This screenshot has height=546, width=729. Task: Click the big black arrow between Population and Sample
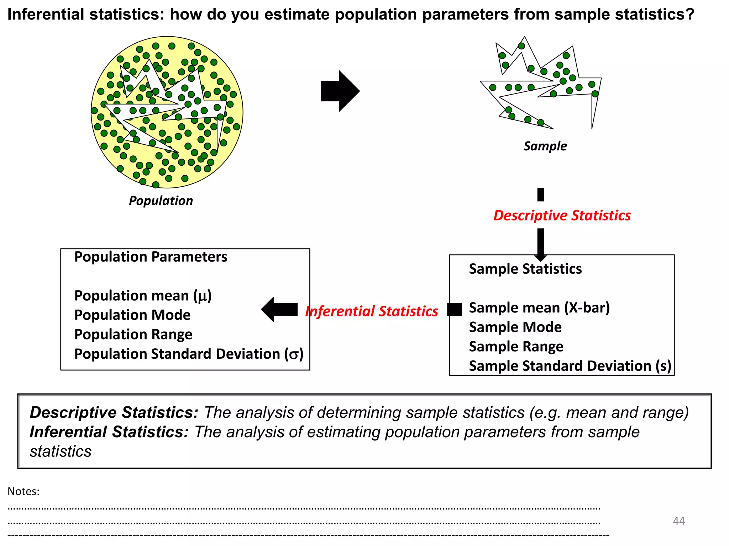click(x=340, y=91)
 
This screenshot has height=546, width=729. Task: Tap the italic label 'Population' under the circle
click(x=161, y=201)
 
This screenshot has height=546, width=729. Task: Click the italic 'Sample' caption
click(x=545, y=146)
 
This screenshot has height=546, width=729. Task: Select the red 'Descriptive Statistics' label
click(x=562, y=216)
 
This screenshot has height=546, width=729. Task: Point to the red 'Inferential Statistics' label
click(x=372, y=311)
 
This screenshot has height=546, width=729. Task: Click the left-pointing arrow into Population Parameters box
click(x=280, y=309)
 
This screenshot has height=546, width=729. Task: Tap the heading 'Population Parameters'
click(x=151, y=257)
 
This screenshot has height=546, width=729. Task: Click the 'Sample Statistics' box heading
click(x=525, y=269)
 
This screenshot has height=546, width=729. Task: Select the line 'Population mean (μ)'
click(x=143, y=296)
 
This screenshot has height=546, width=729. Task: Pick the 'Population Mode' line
click(x=132, y=315)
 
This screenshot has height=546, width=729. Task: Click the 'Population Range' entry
click(x=133, y=334)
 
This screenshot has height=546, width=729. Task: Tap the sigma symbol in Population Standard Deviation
click(x=293, y=354)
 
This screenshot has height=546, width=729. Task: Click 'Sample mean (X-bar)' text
click(x=539, y=308)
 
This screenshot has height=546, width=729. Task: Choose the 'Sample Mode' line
click(x=515, y=327)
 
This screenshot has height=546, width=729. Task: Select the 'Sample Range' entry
click(x=516, y=347)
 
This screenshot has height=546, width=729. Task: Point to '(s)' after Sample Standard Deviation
click(x=663, y=366)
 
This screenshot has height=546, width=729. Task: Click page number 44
click(x=678, y=521)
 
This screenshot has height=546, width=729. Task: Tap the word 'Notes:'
click(x=23, y=491)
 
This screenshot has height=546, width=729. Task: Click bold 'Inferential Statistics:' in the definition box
click(x=109, y=432)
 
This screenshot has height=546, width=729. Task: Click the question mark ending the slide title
click(x=690, y=15)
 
